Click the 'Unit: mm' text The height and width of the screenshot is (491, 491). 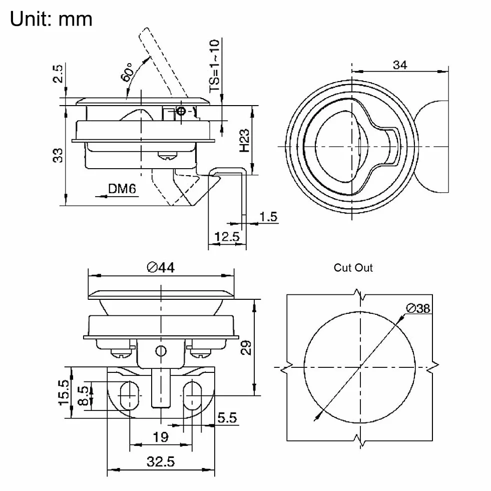coord(51,19)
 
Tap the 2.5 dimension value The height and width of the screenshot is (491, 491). coord(58,74)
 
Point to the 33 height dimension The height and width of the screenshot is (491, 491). coord(58,155)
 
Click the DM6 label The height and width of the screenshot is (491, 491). coord(122,189)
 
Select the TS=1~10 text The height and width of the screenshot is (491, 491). coord(215,66)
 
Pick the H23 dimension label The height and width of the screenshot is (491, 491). coord(245,141)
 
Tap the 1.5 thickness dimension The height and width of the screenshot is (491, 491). coord(269,217)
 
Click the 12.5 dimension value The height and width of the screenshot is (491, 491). coord(227,236)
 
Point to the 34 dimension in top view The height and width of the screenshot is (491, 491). coord(400,65)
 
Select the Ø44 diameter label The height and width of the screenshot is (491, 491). coord(161,267)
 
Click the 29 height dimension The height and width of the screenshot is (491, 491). coord(246,347)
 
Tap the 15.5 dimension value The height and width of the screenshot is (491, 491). coord(64,393)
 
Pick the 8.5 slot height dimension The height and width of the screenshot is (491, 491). coord(83,396)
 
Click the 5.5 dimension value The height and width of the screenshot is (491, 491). coord(227,418)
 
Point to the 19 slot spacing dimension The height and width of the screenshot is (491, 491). coord(161,437)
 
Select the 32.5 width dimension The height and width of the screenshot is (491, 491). coord(161,462)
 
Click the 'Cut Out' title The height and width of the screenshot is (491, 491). coord(353,268)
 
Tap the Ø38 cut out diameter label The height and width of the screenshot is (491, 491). coord(418,308)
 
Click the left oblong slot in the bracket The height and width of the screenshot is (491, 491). coord(129,395)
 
